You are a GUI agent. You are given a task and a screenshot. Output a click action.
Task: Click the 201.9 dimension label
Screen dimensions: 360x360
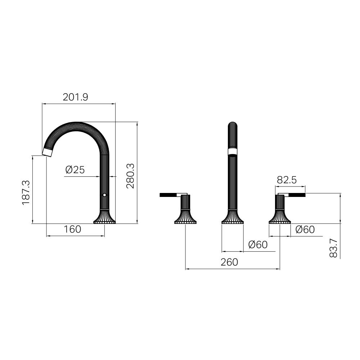click(x=75, y=97)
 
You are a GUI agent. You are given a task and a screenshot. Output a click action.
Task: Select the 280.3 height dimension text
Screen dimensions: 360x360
click(x=130, y=176)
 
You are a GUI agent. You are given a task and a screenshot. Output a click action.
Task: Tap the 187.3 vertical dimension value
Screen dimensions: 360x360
click(x=26, y=192)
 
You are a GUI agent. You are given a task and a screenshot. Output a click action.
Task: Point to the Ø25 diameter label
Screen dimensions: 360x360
click(x=75, y=170)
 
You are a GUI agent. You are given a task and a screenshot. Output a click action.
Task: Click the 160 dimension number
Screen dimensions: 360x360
click(x=72, y=229)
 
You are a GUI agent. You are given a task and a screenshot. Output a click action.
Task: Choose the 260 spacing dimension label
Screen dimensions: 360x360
click(x=229, y=262)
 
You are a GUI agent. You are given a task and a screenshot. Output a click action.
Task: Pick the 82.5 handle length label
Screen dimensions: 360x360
click(x=287, y=180)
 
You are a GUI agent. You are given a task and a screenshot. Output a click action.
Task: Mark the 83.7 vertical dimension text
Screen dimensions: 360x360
click(x=333, y=248)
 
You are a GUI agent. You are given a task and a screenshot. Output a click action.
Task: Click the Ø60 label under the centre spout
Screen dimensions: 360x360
click(x=258, y=244)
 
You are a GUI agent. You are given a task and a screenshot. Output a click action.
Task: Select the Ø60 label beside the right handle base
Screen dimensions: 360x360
click(x=305, y=229)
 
